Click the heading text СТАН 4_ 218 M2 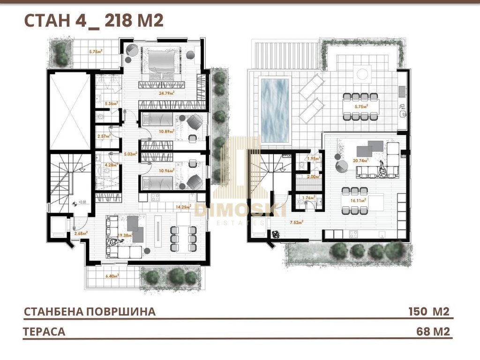(93, 21)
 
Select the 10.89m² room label (167, 132)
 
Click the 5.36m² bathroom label (111, 104)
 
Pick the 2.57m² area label (103, 136)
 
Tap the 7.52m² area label (296, 223)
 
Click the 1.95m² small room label (312, 158)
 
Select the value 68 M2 (433, 332)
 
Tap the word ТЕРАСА (44, 332)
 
